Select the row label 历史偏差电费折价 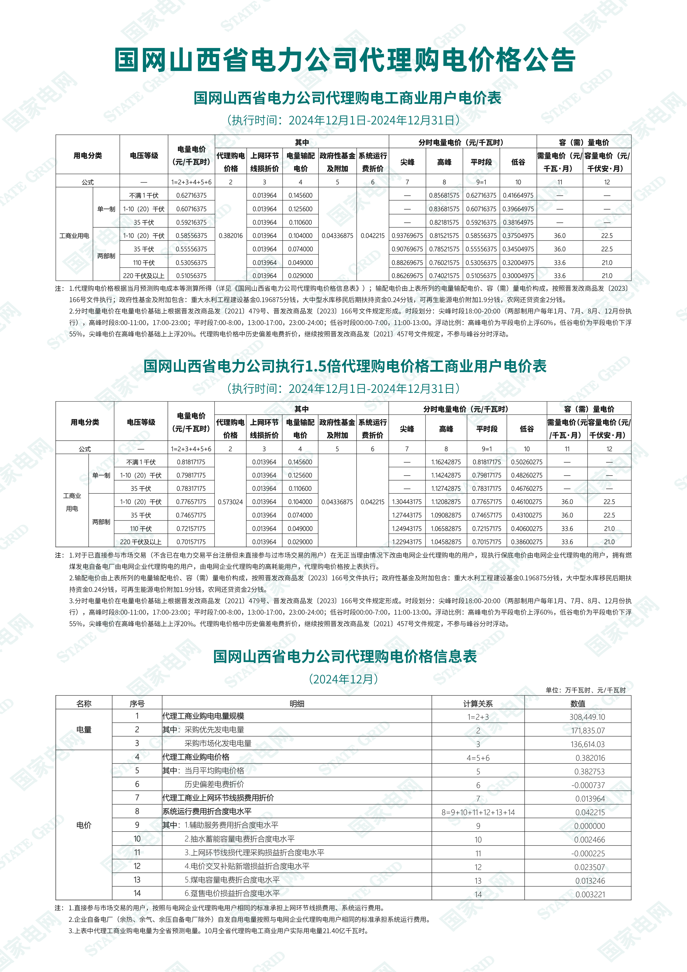(x=214, y=784)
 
